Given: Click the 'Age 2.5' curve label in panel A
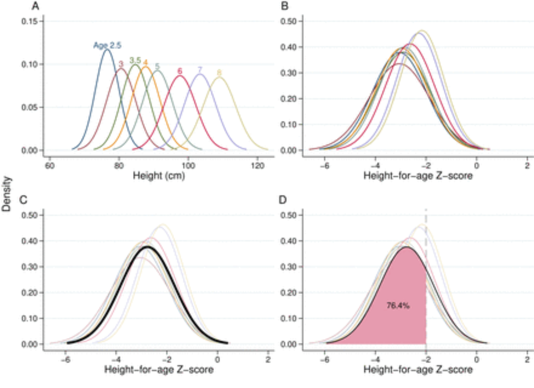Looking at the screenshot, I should (x=107, y=45).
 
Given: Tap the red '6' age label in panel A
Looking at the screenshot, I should (x=180, y=71).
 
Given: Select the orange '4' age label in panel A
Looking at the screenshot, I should (x=145, y=62).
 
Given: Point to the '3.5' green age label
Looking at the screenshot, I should (x=135, y=60).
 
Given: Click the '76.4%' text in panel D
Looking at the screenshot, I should (x=398, y=306).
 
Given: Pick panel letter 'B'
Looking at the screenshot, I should (x=285, y=6).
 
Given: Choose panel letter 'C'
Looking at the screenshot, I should (x=23, y=200).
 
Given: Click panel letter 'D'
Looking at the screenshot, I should (x=282, y=200).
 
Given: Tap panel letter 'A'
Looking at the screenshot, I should (x=35, y=6).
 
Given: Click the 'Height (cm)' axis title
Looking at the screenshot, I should (x=159, y=176).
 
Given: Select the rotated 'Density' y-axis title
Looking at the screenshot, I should (x=6, y=194).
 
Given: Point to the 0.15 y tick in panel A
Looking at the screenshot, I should (x=29, y=21).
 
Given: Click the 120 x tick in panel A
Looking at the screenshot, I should (x=257, y=166).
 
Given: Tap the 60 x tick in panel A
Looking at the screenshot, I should (x=50, y=166).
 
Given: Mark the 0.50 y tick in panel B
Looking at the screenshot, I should (x=288, y=21).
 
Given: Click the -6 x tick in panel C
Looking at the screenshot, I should (x=65, y=360).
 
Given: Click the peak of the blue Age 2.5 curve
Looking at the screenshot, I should (x=107, y=49).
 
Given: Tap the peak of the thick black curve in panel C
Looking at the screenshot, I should (x=147, y=247).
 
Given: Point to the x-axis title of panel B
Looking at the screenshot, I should (x=418, y=176).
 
